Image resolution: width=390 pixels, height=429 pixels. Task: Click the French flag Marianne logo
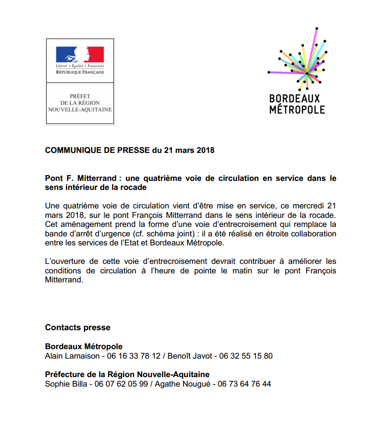[x=80, y=55]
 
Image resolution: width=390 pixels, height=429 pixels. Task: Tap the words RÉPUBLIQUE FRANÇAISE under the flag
[x=80, y=72]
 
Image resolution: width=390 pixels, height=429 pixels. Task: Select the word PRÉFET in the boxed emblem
[x=80, y=96]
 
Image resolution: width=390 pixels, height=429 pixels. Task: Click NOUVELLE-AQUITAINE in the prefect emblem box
[x=80, y=110]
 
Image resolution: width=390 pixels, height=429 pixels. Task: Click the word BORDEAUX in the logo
[x=294, y=98]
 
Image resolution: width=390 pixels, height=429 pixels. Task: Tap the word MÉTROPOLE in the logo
[x=297, y=110]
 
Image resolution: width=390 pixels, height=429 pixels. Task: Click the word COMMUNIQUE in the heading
[x=73, y=150]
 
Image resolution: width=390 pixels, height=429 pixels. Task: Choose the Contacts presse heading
[x=78, y=328]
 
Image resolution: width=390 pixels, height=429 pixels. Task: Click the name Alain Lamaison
[x=72, y=356]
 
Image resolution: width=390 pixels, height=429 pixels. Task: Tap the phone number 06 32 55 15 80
[x=246, y=356]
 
